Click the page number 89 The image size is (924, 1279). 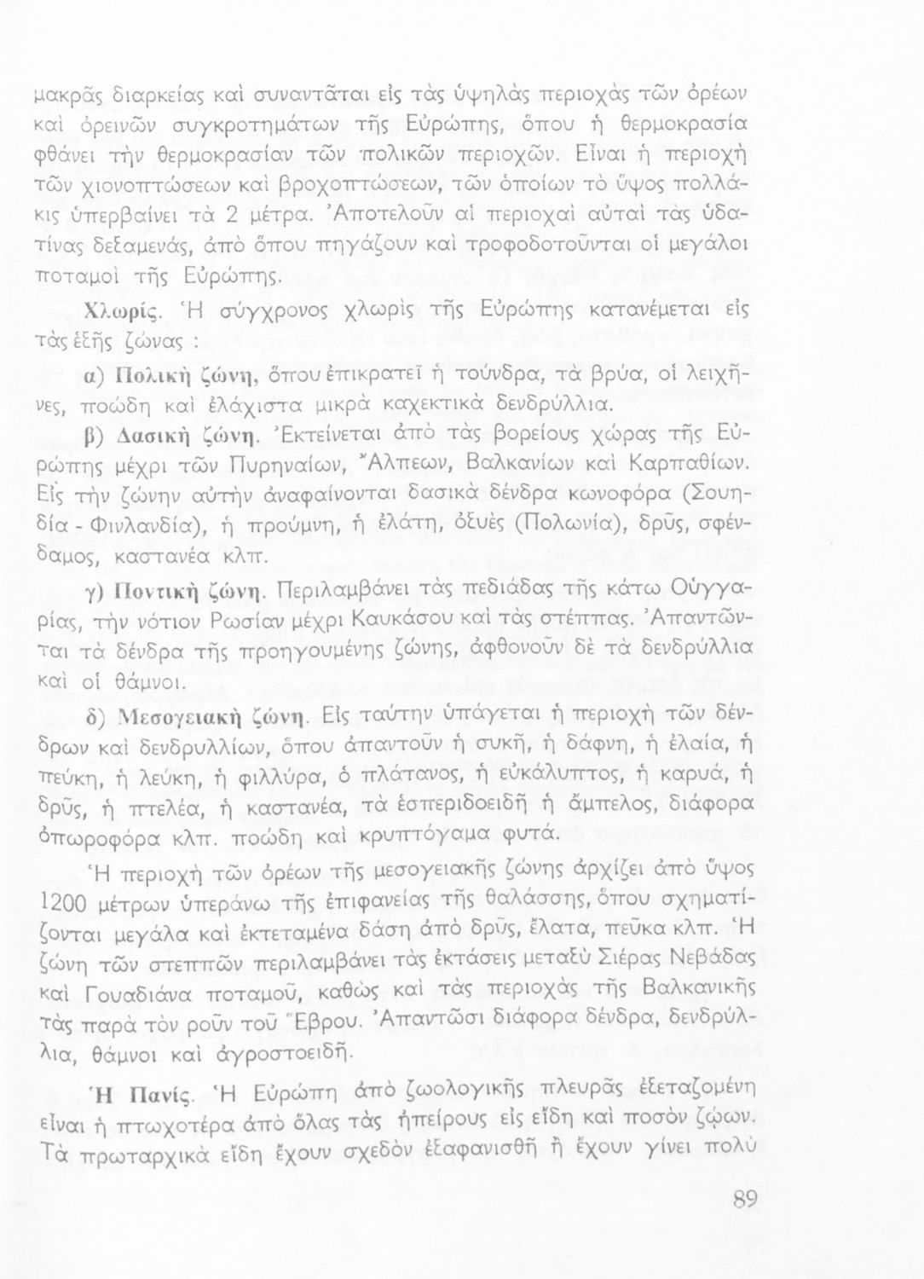[x=744, y=1200]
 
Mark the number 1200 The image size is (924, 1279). [x=61, y=903]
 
